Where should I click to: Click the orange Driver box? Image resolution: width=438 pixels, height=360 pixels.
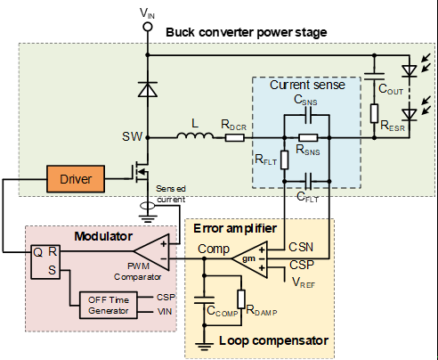tap(76, 179)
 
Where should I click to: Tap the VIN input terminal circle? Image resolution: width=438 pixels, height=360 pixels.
tap(148, 27)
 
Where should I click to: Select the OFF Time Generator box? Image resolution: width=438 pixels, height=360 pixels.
tap(109, 306)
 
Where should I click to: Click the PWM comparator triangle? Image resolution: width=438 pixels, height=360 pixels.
tap(151, 252)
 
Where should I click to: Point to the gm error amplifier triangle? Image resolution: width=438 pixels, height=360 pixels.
tap(249, 258)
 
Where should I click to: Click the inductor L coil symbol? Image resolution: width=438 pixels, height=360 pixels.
tap(195, 135)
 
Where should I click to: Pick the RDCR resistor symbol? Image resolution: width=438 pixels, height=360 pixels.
tap(235, 137)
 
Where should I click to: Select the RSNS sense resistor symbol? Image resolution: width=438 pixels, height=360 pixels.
tap(308, 137)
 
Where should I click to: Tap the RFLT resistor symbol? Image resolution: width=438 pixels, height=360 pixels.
tap(284, 160)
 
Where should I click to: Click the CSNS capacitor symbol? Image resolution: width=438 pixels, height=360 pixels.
tap(308, 115)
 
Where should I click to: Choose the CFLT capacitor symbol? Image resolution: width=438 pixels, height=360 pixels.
tap(308, 181)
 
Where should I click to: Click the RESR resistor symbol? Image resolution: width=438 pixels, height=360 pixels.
tap(374, 113)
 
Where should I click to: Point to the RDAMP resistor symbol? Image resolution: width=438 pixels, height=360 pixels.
tap(241, 299)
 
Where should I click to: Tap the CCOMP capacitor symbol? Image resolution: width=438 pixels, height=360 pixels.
tap(204, 299)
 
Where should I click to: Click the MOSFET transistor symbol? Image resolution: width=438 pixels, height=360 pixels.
tap(141, 172)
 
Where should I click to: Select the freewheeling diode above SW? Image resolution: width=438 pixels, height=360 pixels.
tap(148, 89)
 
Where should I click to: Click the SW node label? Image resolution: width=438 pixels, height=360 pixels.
tap(133, 136)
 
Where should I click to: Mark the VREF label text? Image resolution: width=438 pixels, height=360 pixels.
tap(304, 282)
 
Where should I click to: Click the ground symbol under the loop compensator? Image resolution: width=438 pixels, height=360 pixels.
tap(204, 346)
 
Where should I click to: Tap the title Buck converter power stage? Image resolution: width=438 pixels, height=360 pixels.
tap(247, 32)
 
